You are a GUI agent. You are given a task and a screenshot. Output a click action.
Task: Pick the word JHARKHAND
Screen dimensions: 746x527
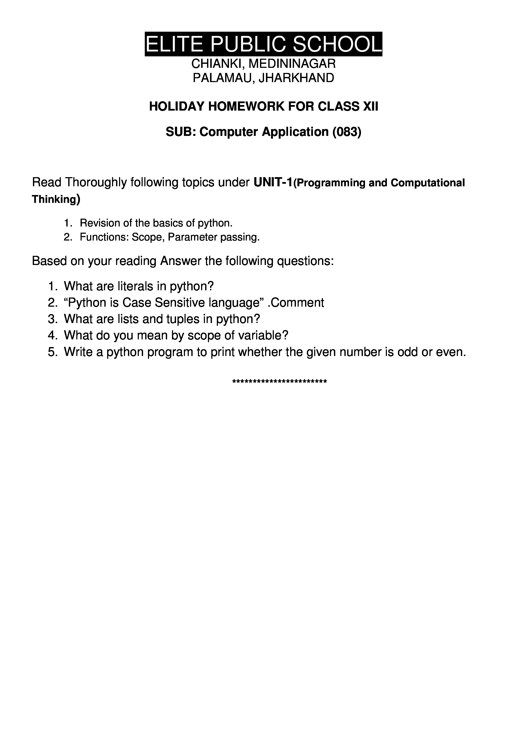coord(296,78)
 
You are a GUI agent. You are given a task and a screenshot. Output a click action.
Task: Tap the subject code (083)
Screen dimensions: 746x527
coord(347,132)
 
